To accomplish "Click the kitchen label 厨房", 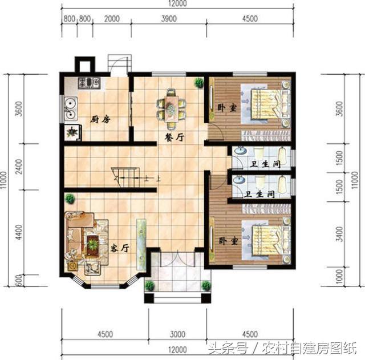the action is [x=100, y=120].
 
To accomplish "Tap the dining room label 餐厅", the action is [x=175, y=137].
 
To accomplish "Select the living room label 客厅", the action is [x=120, y=248].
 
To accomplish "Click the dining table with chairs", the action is [x=172, y=109].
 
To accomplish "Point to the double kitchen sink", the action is [x=71, y=108].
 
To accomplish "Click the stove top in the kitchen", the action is [x=89, y=83].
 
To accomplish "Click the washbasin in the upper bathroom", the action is [x=240, y=151].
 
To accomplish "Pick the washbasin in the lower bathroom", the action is [x=239, y=180].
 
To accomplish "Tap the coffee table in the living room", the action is [x=93, y=245].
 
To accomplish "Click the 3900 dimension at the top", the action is [x=169, y=19].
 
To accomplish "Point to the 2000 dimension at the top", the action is [x=112, y=19].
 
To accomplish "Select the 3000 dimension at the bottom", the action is [x=177, y=334].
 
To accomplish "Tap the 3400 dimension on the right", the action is [x=339, y=234].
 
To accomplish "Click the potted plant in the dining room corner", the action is [x=199, y=82].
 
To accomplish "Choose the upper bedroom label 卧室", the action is [x=227, y=108].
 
